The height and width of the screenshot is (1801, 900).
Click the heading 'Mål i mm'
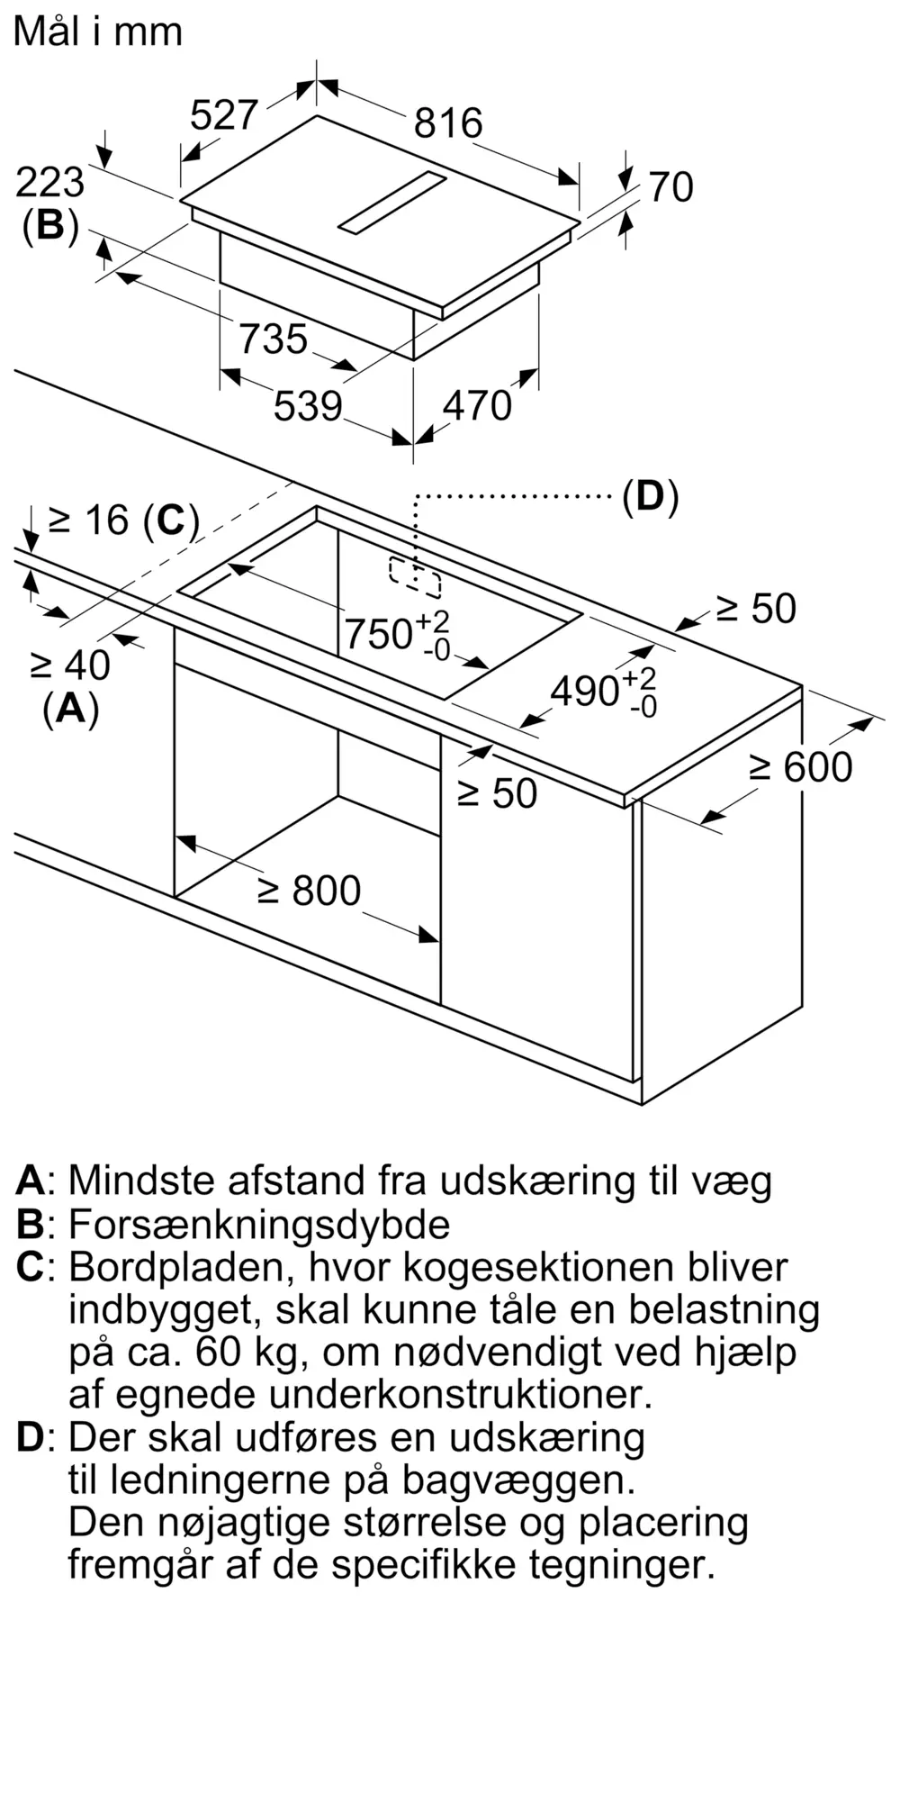coord(98,32)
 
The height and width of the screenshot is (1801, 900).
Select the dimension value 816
coord(448,123)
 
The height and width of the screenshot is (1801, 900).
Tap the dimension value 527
coord(225,115)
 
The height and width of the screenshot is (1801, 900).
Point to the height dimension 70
coord(671,187)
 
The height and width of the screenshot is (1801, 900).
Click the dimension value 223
coord(50,183)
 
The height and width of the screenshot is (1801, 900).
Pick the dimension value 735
coord(274,339)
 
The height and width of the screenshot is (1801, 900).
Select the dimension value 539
coord(308,405)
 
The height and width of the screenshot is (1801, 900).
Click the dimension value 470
coord(477,406)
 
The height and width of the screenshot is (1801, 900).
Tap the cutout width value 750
coord(379,635)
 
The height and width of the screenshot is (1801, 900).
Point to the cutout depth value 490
coord(585,692)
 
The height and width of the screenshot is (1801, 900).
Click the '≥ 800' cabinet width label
coord(310,891)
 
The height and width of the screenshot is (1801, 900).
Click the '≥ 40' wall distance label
coord(70,665)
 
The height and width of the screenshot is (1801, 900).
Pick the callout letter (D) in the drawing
coord(651,496)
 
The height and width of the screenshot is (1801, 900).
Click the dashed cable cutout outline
coord(415,577)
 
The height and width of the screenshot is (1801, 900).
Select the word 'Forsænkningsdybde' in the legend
coord(259,1224)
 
